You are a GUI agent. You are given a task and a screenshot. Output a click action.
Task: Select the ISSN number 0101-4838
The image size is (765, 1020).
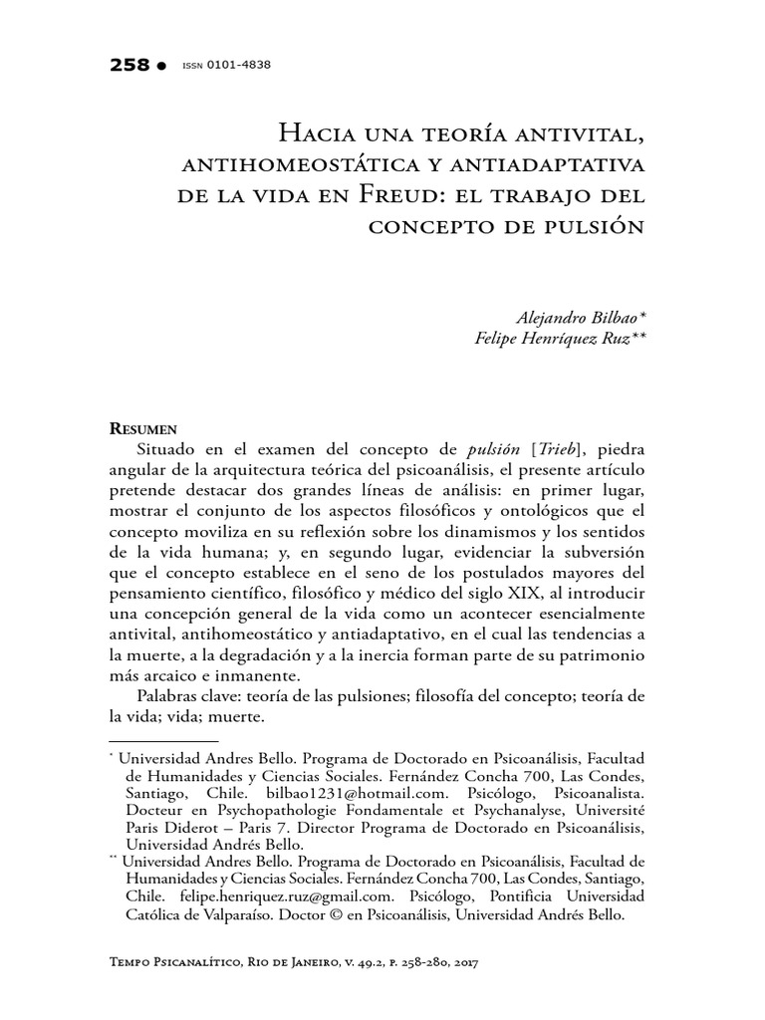239,65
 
